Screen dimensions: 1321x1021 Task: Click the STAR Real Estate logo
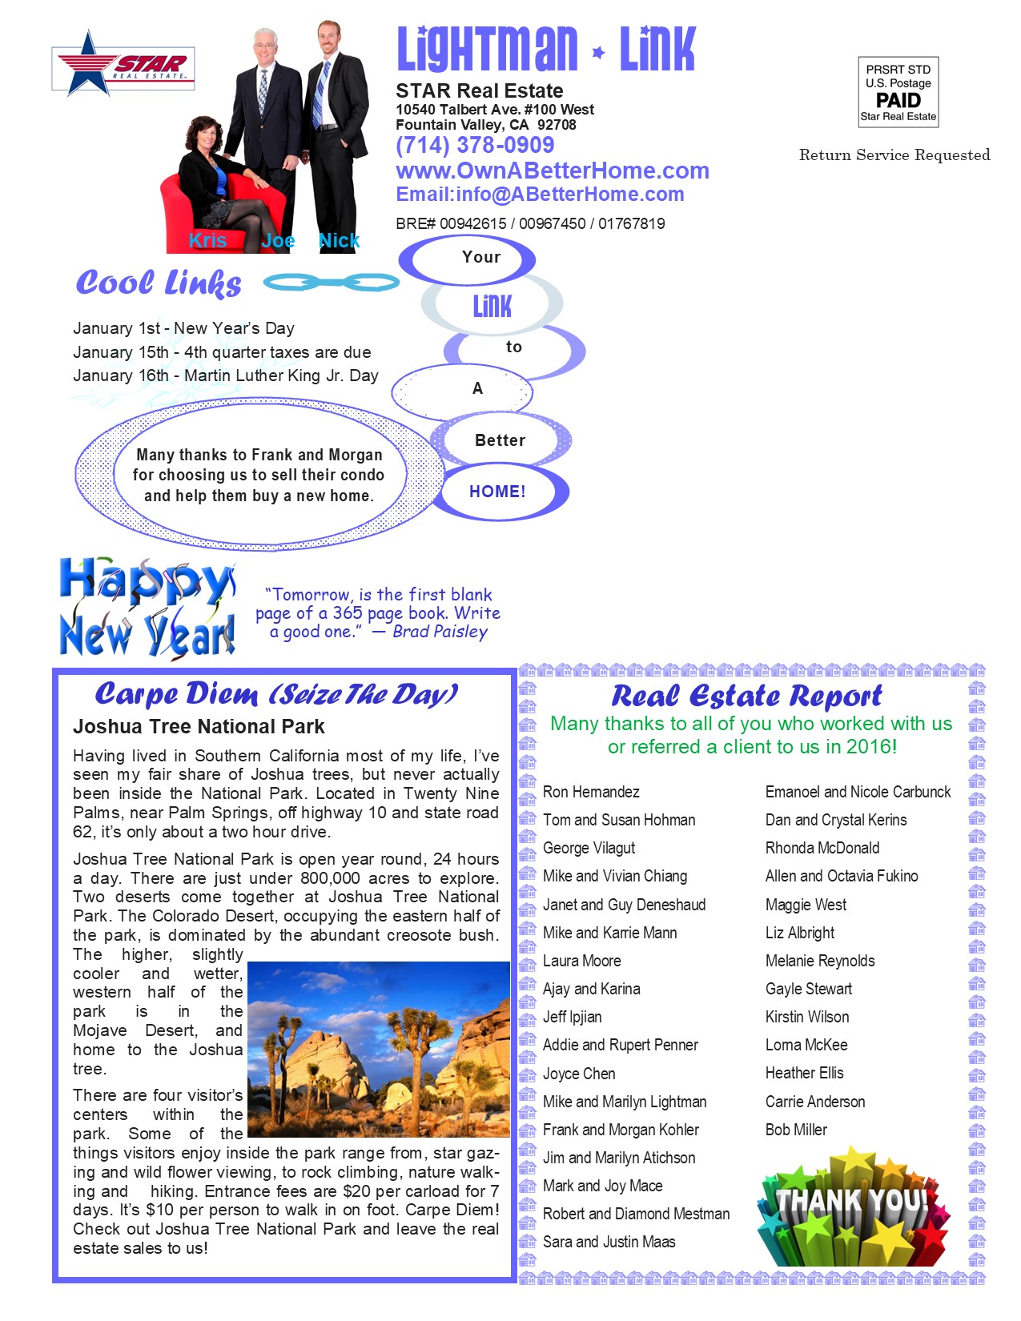point(123,63)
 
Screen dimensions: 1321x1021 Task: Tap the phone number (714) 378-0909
point(475,145)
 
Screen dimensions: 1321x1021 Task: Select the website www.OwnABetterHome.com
point(552,171)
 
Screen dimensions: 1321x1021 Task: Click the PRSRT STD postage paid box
point(898,92)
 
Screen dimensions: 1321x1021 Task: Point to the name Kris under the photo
point(207,240)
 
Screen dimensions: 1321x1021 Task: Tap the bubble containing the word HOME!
point(498,492)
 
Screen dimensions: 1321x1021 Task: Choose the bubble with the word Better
point(500,440)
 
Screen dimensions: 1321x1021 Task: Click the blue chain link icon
point(331,282)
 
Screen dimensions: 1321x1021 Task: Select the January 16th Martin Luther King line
point(225,375)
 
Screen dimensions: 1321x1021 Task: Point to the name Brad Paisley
point(440,632)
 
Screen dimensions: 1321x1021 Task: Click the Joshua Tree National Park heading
point(199,727)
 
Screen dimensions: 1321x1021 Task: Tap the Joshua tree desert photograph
point(378,1049)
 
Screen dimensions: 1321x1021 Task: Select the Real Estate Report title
point(746,697)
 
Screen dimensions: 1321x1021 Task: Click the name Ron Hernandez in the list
point(591,792)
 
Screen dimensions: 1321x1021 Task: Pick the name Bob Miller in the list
point(796,1130)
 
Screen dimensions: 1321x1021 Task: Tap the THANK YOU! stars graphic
point(852,1207)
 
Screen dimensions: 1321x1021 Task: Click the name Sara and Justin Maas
point(609,1242)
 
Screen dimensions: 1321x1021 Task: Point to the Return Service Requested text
point(894,155)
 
